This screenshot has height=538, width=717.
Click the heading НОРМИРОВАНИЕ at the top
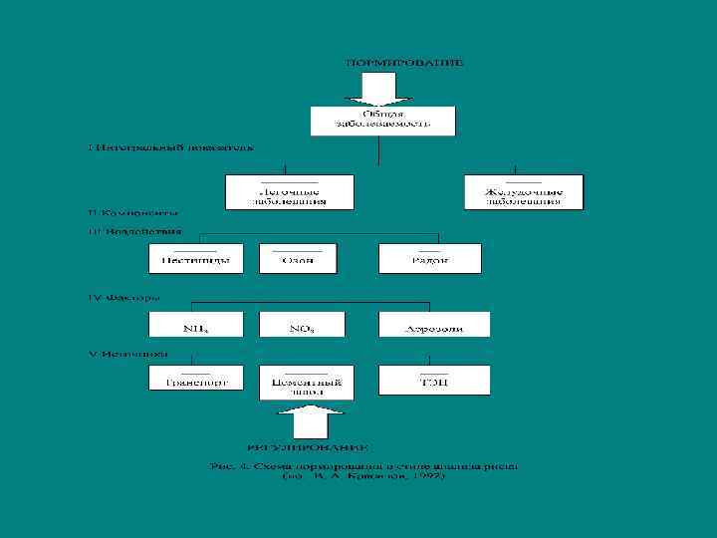(404, 62)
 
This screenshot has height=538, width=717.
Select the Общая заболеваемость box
(383, 121)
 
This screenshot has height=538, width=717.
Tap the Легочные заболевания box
(290, 191)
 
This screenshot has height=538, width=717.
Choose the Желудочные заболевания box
(523, 191)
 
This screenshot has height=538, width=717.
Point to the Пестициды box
(195, 259)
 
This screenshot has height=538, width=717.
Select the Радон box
(429, 259)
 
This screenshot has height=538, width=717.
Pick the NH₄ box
(195, 325)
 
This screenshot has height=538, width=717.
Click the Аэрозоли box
(433, 325)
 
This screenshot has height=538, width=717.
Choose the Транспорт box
(195, 380)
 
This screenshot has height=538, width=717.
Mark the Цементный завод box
(301, 385)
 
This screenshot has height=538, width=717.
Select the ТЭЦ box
(433, 380)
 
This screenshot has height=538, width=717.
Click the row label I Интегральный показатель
(170, 147)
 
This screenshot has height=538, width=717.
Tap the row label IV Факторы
(123, 296)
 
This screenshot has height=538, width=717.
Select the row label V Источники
(128, 353)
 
